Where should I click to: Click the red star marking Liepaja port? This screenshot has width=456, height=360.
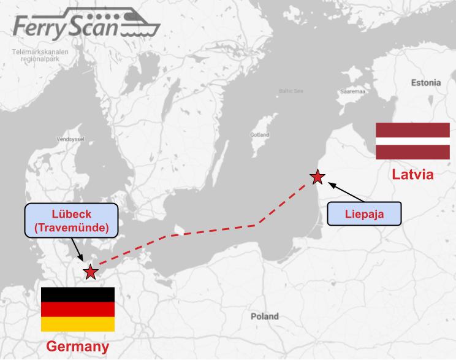317,177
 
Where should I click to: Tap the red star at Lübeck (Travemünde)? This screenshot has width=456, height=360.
91,272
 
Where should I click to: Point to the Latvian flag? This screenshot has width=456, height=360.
412,141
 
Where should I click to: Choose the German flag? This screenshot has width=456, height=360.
78,309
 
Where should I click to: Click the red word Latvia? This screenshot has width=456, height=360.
412,174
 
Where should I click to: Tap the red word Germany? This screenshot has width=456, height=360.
78,346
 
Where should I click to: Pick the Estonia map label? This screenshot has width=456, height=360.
426,82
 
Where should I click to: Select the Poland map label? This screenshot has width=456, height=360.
264,316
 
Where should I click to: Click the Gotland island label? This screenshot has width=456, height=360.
259,134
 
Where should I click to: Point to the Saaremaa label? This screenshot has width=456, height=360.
353,91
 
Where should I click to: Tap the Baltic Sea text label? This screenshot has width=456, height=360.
291,91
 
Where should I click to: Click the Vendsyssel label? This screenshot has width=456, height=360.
70,139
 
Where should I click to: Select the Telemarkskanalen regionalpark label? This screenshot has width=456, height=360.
40,56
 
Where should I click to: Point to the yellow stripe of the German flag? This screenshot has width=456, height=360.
78,324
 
